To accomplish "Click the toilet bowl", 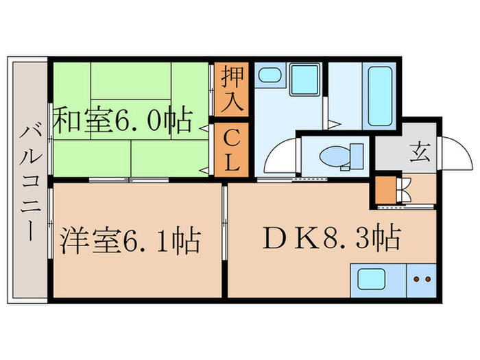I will pos(334,156).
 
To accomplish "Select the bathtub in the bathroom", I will pos(381,96).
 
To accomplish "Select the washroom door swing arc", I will pos(279,158).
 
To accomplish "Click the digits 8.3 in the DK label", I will pos(355,239).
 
